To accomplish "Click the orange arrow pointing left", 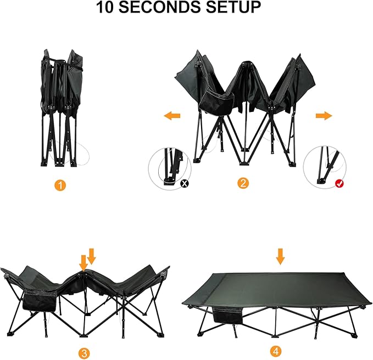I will click(x=172, y=116).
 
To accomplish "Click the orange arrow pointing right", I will click(x=324, y=116).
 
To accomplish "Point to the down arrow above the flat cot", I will click(x=281, y=256).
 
